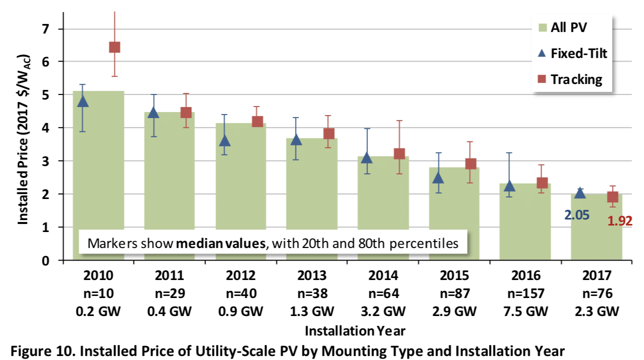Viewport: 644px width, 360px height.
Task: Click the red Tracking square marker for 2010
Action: pos(114,47)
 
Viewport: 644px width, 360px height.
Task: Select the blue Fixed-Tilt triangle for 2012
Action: pos(225,141)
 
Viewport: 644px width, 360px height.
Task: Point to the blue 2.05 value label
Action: pos(577,215)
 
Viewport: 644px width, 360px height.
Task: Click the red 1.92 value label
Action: pos(619,220)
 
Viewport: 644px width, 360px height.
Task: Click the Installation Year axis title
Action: pos(355,331)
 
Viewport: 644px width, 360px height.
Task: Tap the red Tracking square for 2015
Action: pos(470,164)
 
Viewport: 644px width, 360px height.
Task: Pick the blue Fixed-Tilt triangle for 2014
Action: pos(367,158)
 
